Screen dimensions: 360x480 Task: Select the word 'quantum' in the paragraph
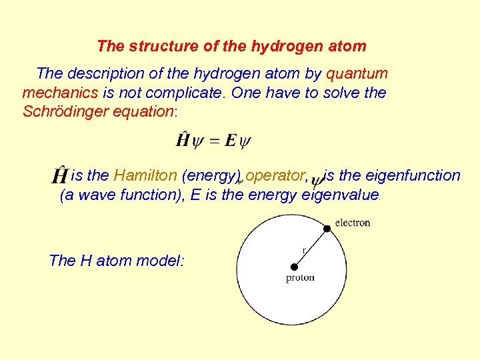(x=357, y=74)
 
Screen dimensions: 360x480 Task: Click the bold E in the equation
(x=231, y=141)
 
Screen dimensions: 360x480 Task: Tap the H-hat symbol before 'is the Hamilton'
(x=59, y=175)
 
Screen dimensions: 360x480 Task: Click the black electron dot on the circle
(x=327, y=229)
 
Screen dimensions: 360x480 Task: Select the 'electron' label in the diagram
(x=353, y=223)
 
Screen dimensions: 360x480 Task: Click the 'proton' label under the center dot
(x=300, y=277)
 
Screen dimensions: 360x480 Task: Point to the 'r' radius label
(x=305, y=251)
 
